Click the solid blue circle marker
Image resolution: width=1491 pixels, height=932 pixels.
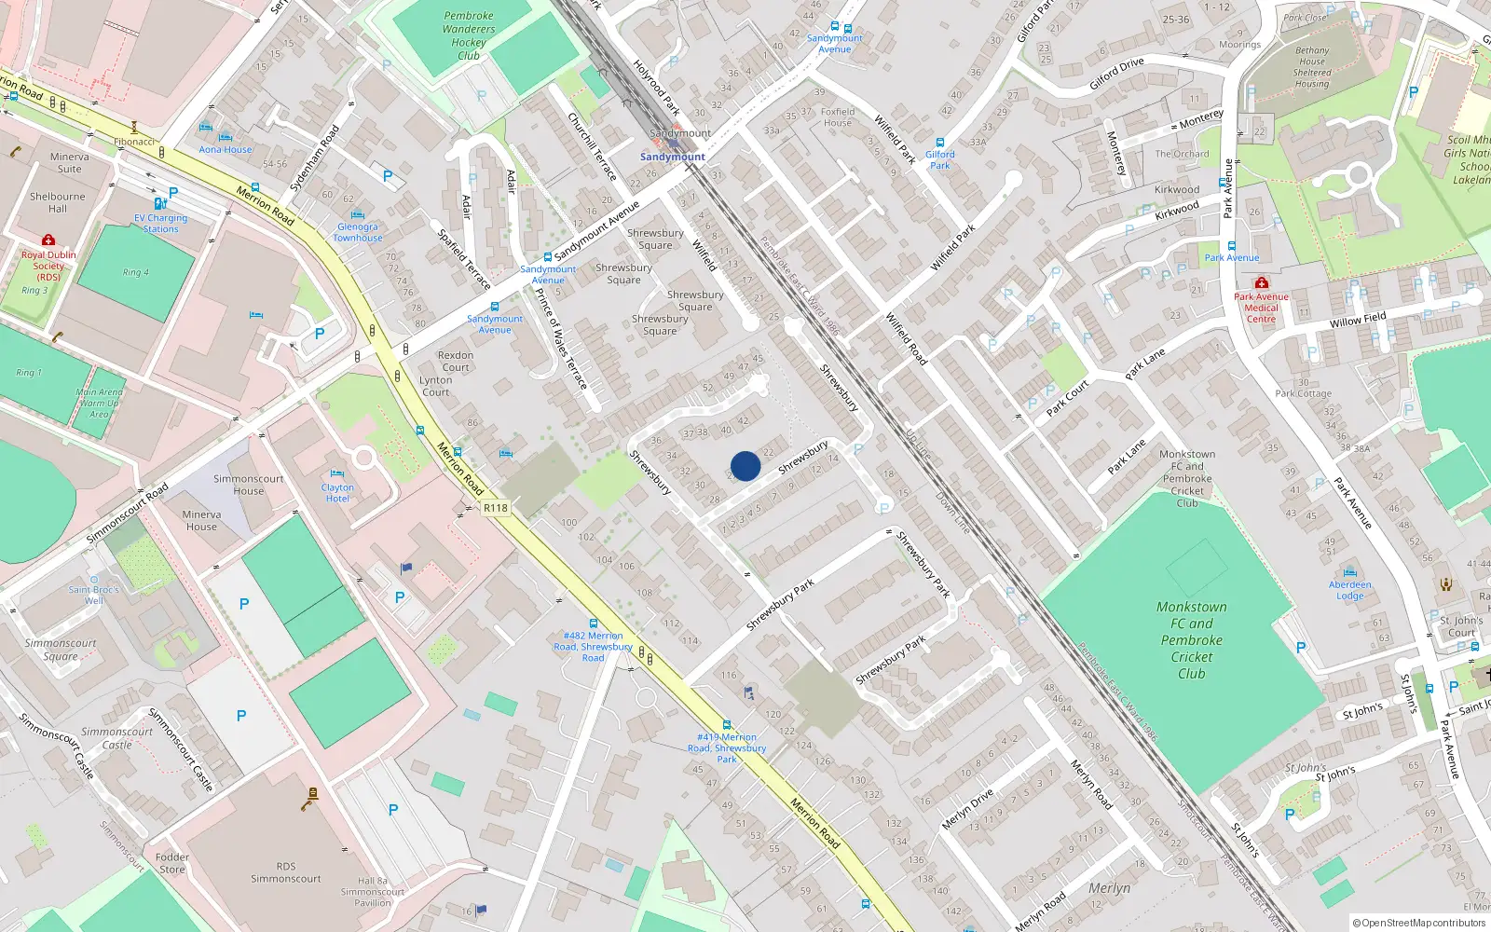click(745, 466)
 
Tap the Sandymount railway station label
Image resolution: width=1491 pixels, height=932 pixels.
click(672, 157)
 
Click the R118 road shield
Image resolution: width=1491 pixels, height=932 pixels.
click(496, 508)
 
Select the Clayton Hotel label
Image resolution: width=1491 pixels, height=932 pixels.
click(337, 493)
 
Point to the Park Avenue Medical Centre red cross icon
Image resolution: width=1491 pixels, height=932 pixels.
click(1261, 282)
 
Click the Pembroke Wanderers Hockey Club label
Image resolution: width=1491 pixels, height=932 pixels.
click(469, 35)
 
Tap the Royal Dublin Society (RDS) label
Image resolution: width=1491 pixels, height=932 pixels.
click(48, 266)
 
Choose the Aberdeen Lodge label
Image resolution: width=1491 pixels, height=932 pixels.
click(1349, 590)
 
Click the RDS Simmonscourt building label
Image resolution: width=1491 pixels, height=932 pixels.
click(285, 872)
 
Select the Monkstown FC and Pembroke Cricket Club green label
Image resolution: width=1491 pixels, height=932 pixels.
click(1191, 640)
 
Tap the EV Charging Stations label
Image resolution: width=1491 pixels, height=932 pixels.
click(160, 224)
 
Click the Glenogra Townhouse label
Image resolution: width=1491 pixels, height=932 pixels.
click(358, 232)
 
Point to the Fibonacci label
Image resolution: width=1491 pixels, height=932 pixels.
click(134, 142)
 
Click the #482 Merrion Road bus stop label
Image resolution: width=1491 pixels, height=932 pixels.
click(593, 647)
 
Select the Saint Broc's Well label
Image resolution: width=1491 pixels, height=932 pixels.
click(93, 595)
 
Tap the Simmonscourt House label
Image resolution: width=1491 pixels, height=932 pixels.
click(248, 485)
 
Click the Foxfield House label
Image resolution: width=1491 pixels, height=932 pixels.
click(837, 117)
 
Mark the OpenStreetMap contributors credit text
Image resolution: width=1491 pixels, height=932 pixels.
click(1418, 923)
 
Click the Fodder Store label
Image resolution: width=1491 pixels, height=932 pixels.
click(172, 863)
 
